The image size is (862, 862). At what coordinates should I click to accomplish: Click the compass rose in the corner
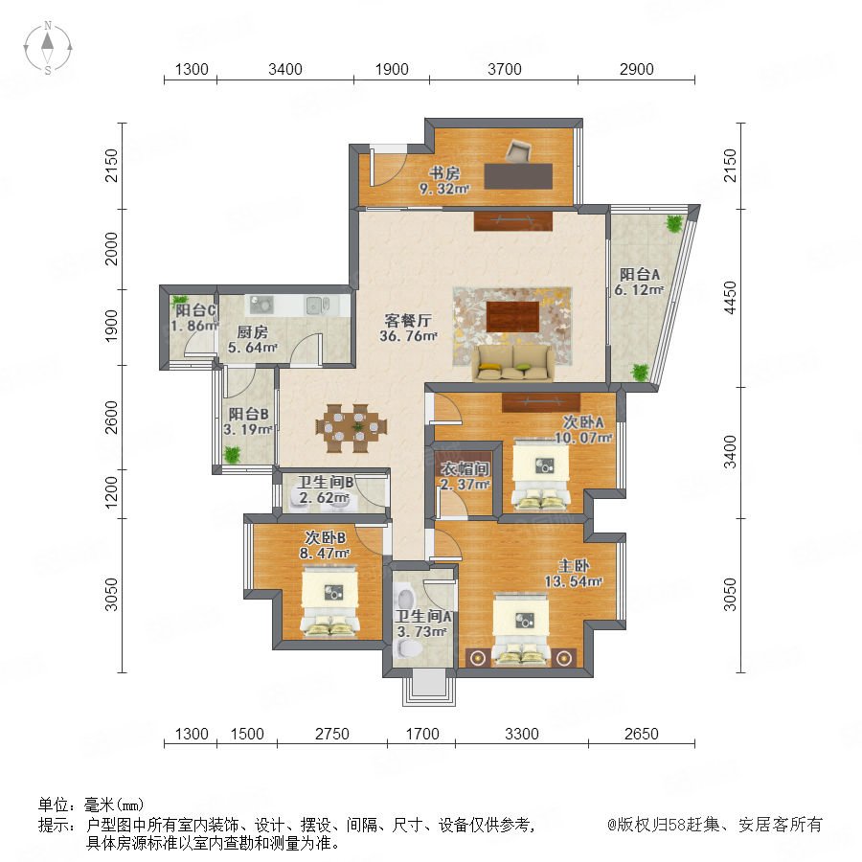[48, 48]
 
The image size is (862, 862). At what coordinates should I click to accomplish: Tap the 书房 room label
[444, 173]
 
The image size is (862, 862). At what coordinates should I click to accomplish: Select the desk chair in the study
[517, 150]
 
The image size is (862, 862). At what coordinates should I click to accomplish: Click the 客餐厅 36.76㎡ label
[408, 329]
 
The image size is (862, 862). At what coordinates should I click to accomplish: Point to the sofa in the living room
[513, 363]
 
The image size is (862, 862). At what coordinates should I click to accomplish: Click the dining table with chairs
[351, 428]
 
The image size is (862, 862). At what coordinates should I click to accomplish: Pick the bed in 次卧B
[329, 603]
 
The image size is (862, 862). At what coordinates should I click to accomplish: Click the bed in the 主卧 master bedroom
[521, 629]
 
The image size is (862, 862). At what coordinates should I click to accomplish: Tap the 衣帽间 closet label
[465, 469]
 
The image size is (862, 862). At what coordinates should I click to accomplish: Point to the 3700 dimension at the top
[504, 69]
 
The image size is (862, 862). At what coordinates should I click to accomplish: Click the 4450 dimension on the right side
[730, 298]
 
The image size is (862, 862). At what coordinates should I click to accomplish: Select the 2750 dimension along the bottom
[332, 734]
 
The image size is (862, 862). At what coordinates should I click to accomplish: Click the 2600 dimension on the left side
[112, 418]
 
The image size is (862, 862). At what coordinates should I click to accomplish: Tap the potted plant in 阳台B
[233, 455]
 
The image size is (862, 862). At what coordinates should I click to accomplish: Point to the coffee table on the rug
[512, 316]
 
